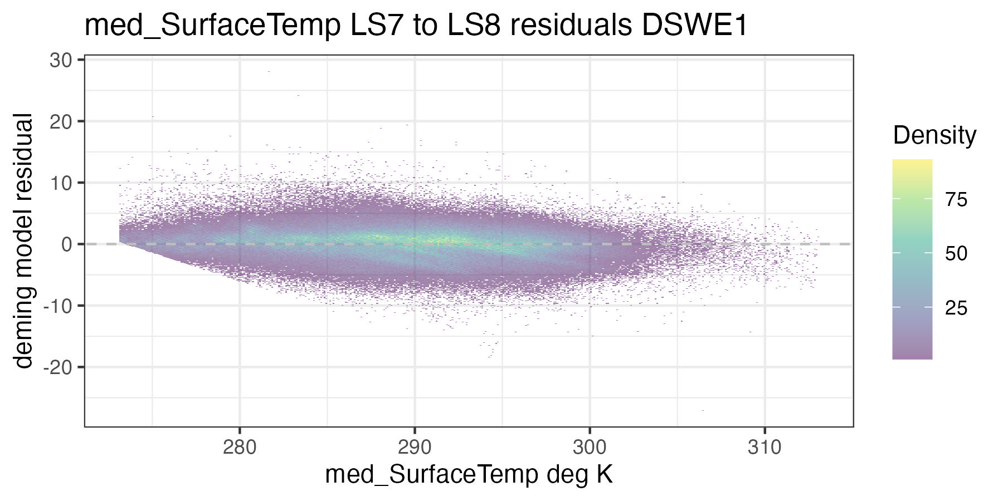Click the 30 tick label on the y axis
coord(61,60)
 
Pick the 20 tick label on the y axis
coord(61,121)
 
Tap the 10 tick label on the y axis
coord(61,183)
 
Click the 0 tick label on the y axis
coord(67,244)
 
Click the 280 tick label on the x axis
coord(240,447)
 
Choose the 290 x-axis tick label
coord(415,447)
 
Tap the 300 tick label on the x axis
coord(590,447)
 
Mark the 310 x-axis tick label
coord(765,447)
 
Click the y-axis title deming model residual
coord(24,240)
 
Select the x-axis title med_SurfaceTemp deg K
coord(469,475)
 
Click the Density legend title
coord(934,135)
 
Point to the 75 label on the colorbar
coord(956,200)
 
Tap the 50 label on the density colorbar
coord(956,254)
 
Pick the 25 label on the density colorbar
coord(956,308)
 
